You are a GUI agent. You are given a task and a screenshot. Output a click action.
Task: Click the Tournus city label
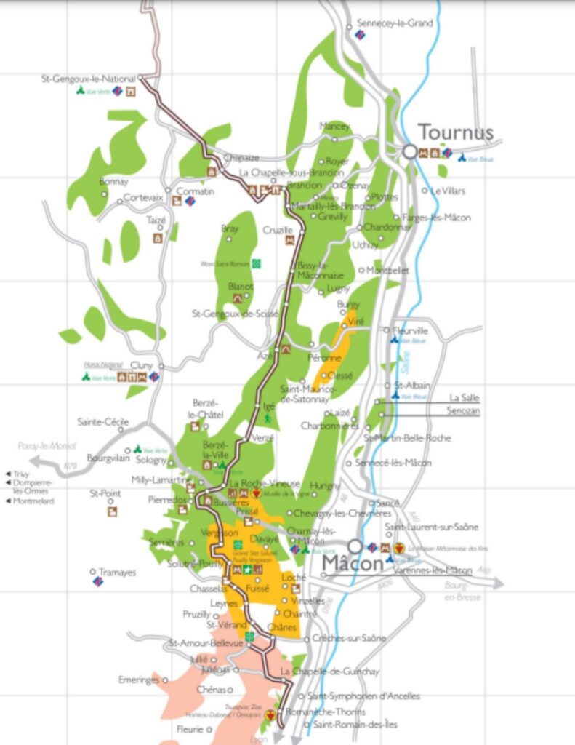point(455,132)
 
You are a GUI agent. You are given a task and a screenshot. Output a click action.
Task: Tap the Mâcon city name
point(353,564)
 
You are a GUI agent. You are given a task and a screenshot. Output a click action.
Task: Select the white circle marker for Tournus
point(410,151)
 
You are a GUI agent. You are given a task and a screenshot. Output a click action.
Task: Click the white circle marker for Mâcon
point(354,546)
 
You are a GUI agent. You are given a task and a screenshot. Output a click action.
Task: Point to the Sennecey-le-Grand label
point(394,23)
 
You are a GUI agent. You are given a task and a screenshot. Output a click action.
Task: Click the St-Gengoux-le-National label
point(89,78)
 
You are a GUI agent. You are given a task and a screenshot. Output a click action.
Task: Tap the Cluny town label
point(142,364)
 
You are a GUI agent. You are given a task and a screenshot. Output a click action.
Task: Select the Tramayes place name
point(117,573)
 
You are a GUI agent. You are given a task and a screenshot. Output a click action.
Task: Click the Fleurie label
point(189,728)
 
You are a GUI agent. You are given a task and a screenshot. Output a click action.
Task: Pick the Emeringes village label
point(138,680)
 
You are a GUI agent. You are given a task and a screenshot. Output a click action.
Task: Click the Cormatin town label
point(196,191)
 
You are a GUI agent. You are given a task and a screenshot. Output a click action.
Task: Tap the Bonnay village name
point(113,181)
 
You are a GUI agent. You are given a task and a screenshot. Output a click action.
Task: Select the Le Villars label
point(448,191)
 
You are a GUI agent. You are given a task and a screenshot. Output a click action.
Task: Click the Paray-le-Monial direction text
point(47,447)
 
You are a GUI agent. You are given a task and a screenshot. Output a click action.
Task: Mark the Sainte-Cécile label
point(103,421)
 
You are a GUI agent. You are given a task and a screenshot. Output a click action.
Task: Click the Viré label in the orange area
point(355,321)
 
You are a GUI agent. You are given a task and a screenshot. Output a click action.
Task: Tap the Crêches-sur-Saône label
point(349,638)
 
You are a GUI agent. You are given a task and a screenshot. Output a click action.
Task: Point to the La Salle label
point(464,397)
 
